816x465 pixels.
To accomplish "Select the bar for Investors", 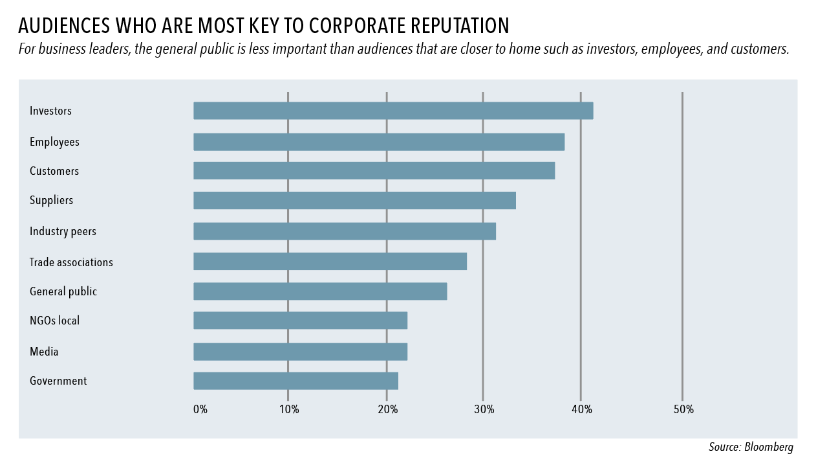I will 393,111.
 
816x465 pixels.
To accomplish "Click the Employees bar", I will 379,142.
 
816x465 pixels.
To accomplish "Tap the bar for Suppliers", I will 354,201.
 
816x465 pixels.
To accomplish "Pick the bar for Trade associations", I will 330,262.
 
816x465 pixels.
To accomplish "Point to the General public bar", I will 320,291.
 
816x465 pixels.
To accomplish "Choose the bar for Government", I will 295,381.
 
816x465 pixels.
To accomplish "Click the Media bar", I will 300,352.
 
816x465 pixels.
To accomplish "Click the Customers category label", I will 54,171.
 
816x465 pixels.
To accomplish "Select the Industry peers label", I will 63,231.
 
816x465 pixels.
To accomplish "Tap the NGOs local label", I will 55,321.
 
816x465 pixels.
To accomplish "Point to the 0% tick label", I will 200,409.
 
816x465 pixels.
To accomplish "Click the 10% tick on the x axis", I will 289,409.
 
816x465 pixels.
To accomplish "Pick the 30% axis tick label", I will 484,409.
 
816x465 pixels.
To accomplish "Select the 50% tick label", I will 683,409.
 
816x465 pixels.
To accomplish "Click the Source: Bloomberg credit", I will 751,447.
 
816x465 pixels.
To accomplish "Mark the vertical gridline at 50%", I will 682,246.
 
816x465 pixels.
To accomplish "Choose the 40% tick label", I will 582,409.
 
